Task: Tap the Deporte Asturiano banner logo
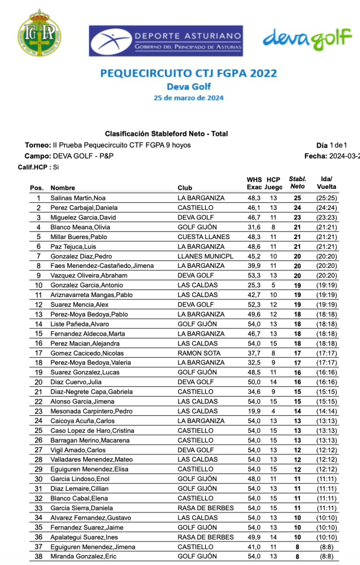(x=166, y=40)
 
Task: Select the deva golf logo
(x=307, y=38)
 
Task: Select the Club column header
(x=185, y=188)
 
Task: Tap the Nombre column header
(x=62, y=188)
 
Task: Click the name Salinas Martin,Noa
(x=78, y=198)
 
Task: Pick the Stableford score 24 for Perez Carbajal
(x=297, y=208)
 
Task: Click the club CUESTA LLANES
(x=201, y=236)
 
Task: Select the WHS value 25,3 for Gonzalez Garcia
(x=254, y=285)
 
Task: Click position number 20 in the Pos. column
(x=39, y=382)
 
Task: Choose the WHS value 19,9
(x=254, y=411)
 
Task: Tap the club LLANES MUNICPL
(x=205, y=256)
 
